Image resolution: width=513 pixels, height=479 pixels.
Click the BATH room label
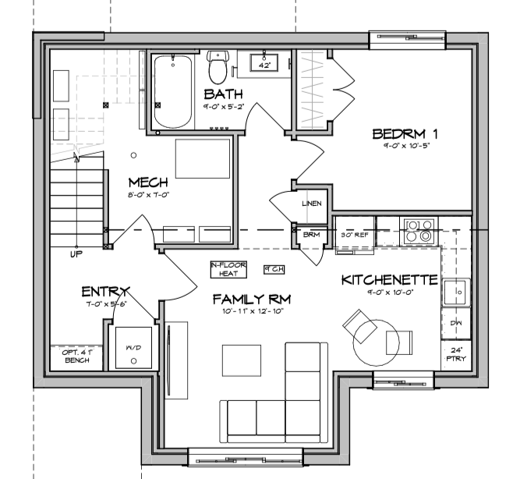point(223,94)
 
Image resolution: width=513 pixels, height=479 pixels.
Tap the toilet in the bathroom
point(218,67)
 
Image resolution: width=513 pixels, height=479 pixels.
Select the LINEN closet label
point(311,204)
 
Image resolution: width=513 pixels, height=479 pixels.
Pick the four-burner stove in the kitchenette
point(419,229)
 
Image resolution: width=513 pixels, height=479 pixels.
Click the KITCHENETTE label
point(389,279)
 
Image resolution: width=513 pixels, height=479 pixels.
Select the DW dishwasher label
point(455,322)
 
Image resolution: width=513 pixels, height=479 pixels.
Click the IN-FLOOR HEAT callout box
point(228,269)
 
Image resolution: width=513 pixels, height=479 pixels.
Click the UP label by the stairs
point(76,254)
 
